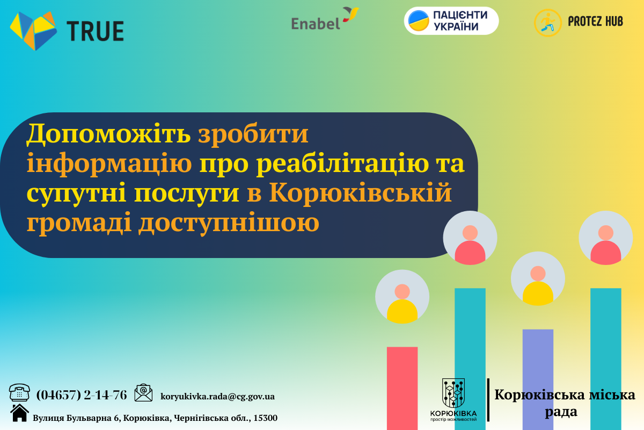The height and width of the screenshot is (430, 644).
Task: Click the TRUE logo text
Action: click(95, 31)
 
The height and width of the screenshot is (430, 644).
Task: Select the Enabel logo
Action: click(324, 20)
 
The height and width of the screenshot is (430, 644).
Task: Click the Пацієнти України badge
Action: click(451, 20)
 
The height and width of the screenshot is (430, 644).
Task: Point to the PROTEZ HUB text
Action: click(595, 21)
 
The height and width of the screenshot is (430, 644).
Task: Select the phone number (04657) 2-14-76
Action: click(82, 395)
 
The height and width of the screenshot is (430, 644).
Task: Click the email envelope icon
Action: click(143, 393)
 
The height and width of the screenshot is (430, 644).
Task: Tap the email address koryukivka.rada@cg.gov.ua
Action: click(217, 397)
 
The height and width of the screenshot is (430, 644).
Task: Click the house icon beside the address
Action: click(19, 413)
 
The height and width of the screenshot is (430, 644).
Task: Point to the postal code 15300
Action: click(265, 418)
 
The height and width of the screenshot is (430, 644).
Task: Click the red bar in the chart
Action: click(402, 387)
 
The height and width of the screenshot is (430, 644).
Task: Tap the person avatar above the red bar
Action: click(402, 296)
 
